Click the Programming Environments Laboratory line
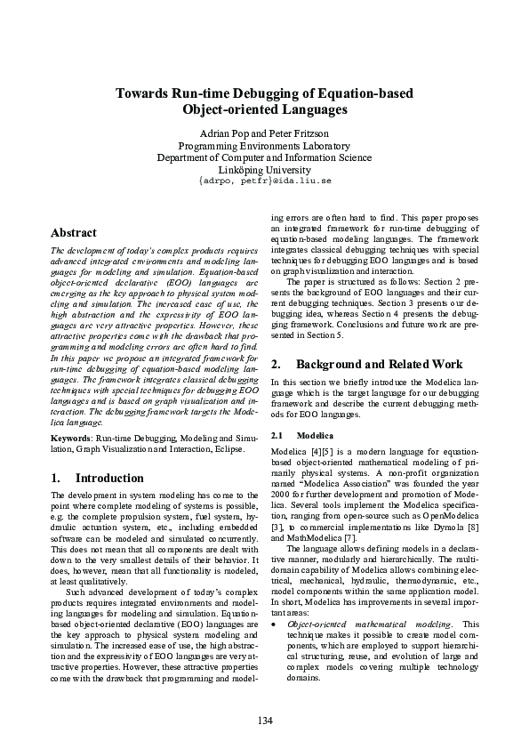[x=264, y=146]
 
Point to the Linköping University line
[x=264, y=169]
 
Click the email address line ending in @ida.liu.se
[x=264, y=181]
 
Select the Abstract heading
[x=73, y=233]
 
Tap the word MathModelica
[x=308, y=537]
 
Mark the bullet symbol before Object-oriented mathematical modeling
[x=272, y=624]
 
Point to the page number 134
[x=264, y=719]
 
